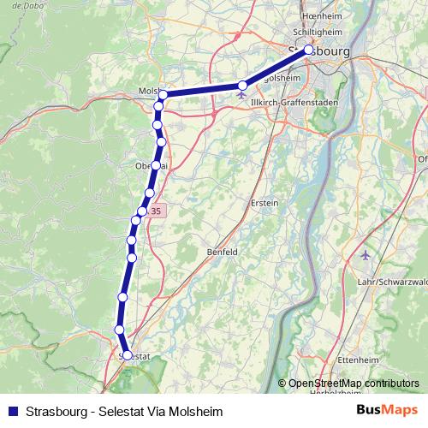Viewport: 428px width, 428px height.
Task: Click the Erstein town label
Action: coord(265,202)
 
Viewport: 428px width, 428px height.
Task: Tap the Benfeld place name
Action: coord(223,252)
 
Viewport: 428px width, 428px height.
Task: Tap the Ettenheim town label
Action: coord(359,359)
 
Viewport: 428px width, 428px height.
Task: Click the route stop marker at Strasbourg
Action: coord(309,50)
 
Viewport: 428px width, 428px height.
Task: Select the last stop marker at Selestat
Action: coord(127,354)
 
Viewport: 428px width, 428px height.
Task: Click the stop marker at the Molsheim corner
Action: coord(163,95)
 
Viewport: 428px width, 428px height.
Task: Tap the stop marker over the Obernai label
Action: coord(155,165)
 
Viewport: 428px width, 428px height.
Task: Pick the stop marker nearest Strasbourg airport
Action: coord(243,85)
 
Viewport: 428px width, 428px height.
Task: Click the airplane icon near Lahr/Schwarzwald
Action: coord(366,255)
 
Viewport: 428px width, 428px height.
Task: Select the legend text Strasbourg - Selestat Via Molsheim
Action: coord(125,412)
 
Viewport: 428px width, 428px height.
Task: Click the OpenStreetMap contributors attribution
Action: coord(353,383)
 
